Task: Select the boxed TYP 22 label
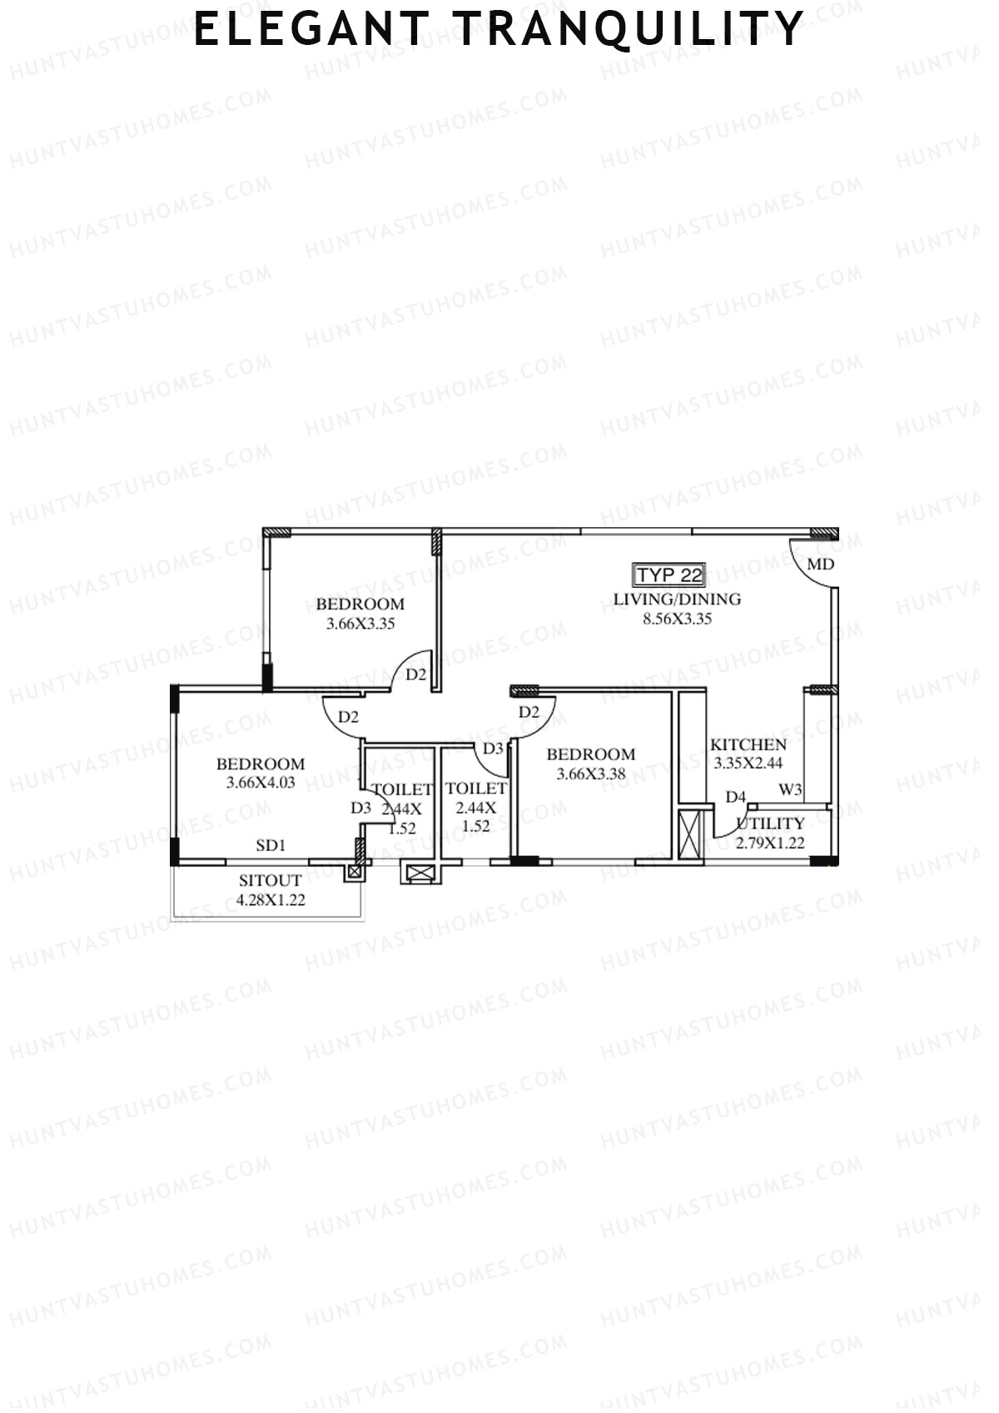point(669,575)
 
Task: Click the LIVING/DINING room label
point(677,599)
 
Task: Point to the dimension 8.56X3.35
point(677,619)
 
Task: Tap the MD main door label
point(820,565)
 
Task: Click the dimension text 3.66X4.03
point(261,783)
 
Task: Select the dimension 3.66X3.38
point(590,774)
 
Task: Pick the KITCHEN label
point(748,744)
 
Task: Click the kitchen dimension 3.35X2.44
point(748,763)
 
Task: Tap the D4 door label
point(735,797)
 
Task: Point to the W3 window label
point(790,789)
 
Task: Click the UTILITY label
point(770,823)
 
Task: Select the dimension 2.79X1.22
point(770,842)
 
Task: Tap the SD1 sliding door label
point(271,845)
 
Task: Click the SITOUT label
point(271,881)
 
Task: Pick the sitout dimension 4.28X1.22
point(271,899)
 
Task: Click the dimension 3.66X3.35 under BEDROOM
point(360,624)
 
